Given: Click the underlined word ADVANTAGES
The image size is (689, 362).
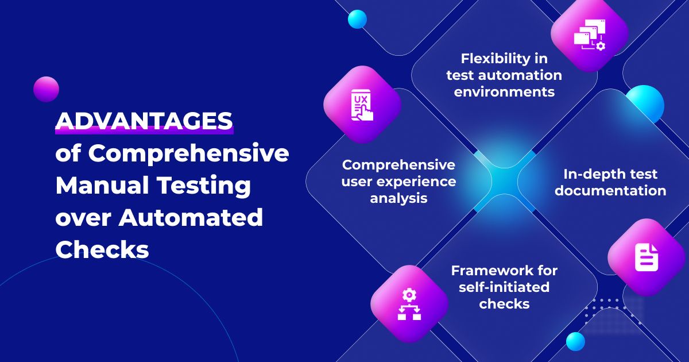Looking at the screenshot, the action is [x=144, y=121].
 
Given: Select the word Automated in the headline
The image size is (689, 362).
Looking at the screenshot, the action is [x=191, y=217].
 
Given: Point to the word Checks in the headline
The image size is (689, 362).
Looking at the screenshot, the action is [x=102, y=249].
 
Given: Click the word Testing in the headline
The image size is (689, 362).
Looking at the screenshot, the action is [x=204, y=186].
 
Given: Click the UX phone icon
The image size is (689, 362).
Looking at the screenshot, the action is [x=362, y=105].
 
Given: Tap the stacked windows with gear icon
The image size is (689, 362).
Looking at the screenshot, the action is [x=590, y=34].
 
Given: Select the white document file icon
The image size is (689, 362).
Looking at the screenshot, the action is [x=647, y=257].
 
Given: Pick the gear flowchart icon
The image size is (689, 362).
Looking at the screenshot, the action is [x=409, y=304].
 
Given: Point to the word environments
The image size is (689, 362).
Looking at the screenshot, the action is [x=504, y=92].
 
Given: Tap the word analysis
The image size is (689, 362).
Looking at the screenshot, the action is [x=398, y=198].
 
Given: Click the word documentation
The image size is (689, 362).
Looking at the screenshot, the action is [x=610, y=191].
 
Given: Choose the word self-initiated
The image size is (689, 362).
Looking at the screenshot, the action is [x=504, y=287].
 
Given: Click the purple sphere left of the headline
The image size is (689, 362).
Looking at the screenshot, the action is [x=46, y=89].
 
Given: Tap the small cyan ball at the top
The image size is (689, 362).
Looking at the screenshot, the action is [x=357, y=19].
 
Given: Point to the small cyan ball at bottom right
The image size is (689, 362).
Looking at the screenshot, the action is [x=575, y=342].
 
